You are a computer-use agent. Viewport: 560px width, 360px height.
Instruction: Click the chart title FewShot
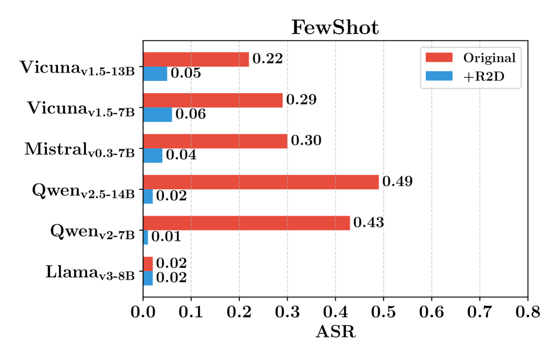(x=335, y=28)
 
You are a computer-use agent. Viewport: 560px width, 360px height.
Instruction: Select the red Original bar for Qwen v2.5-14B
(x=261, y=182)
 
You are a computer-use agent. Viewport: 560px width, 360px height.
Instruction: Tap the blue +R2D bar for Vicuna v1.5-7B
(x=157, y=115)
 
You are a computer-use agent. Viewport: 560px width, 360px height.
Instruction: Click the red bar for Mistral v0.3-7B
(x=215, y=141)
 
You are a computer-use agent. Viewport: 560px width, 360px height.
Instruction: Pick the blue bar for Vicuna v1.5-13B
(x=155, y=74)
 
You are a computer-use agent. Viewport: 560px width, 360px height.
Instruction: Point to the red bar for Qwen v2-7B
(x=247, y=223)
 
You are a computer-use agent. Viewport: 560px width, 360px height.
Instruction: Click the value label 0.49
(x=398, y=181)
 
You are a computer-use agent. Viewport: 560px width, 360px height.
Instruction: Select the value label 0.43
(x=369, y=222)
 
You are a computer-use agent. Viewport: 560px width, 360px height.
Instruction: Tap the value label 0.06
(x=190, y=114)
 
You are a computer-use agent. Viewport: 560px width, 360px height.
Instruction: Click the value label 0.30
(x=306, y=140)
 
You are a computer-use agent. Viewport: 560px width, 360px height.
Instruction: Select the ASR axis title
(x=335, y=332)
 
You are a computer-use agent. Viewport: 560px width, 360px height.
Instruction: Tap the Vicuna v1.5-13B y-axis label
(x=78, y=68)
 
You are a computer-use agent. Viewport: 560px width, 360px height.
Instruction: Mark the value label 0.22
(x=267, y=58)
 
